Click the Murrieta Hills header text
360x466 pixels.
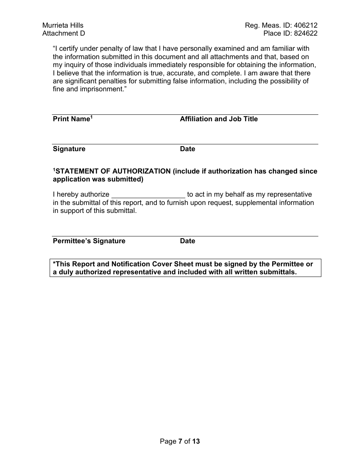[x=63, y=25]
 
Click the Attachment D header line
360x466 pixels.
[x=64, y=33]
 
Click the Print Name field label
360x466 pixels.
[x=71, y=119]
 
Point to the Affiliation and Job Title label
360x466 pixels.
[x=219, y=119]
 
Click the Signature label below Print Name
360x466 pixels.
[x=69, y=149]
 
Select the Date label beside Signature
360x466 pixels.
[x=188, y=149]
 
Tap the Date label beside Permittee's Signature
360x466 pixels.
[x=188, y=241]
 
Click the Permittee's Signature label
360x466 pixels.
[x=89, y=241]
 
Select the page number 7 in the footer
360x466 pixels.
[x=180, y=441]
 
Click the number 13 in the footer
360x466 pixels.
[x=196, y=441]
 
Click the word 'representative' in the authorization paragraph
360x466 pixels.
[x=290, y=194]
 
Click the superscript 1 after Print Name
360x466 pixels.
[x=91, y=117]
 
